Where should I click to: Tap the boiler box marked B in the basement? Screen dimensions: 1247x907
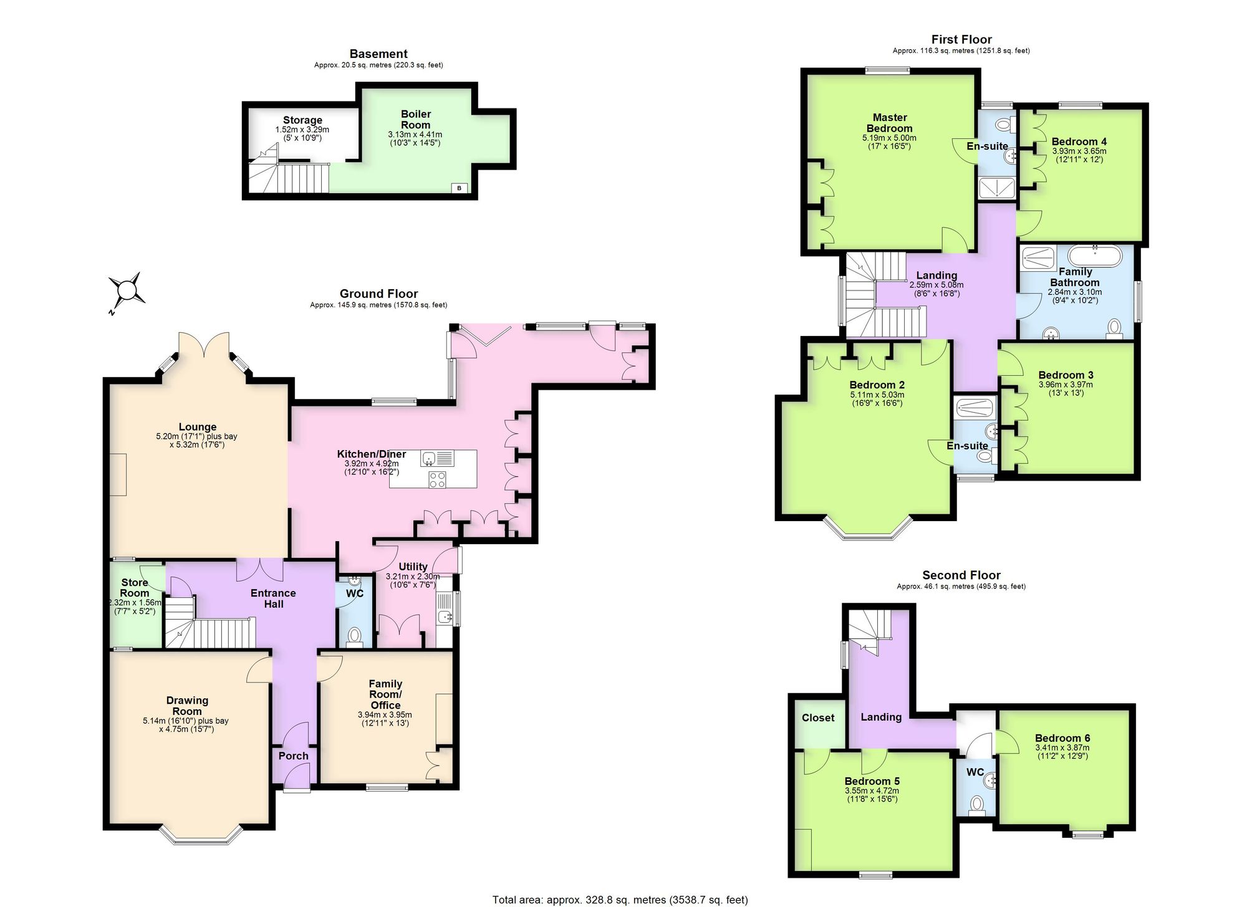460,188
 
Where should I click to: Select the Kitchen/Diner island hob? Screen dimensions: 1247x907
437,479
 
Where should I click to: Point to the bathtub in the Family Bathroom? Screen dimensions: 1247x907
1095,256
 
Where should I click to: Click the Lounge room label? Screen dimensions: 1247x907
198,427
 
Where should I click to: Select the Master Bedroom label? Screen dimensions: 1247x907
890,123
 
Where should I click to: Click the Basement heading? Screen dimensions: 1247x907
378,54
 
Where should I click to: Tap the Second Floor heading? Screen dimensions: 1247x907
961,575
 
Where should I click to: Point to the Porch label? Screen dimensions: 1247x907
294,756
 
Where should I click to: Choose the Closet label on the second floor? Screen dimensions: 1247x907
818,717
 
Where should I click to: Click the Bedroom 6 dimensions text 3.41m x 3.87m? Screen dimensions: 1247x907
1062,748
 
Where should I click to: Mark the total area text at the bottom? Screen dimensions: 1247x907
620,900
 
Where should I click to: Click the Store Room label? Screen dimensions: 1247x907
135,588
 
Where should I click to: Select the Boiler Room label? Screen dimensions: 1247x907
416,119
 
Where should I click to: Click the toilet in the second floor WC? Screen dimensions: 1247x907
976,805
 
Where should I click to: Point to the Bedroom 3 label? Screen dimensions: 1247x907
1066,375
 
